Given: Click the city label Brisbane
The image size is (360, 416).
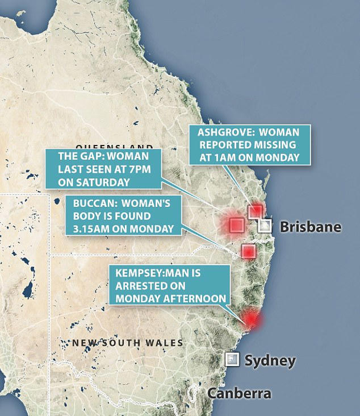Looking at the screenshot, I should pyautogui.click(x=311, y=227).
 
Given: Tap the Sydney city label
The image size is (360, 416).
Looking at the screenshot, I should pyautogui.click(x=270, y=360).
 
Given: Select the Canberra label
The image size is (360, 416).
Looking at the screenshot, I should pyautogui.click(x=238, y=393).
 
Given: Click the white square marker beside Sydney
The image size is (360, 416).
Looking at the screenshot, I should pyautogui.click(x=232, y=360).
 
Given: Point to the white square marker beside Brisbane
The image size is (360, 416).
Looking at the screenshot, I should pyautogui.click(x=265, y=226).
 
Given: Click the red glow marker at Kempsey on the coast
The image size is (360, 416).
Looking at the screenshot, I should pyautogui.click(x=250, y=320).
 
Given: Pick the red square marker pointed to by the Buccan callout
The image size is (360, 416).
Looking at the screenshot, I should pyautogui.click(x=249, y=251).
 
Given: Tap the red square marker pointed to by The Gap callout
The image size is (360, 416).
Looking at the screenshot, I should pyautogui.click(x=236, y=225).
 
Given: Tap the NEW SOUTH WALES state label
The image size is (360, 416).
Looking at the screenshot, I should pyautogui.click(x=128, y=343).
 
